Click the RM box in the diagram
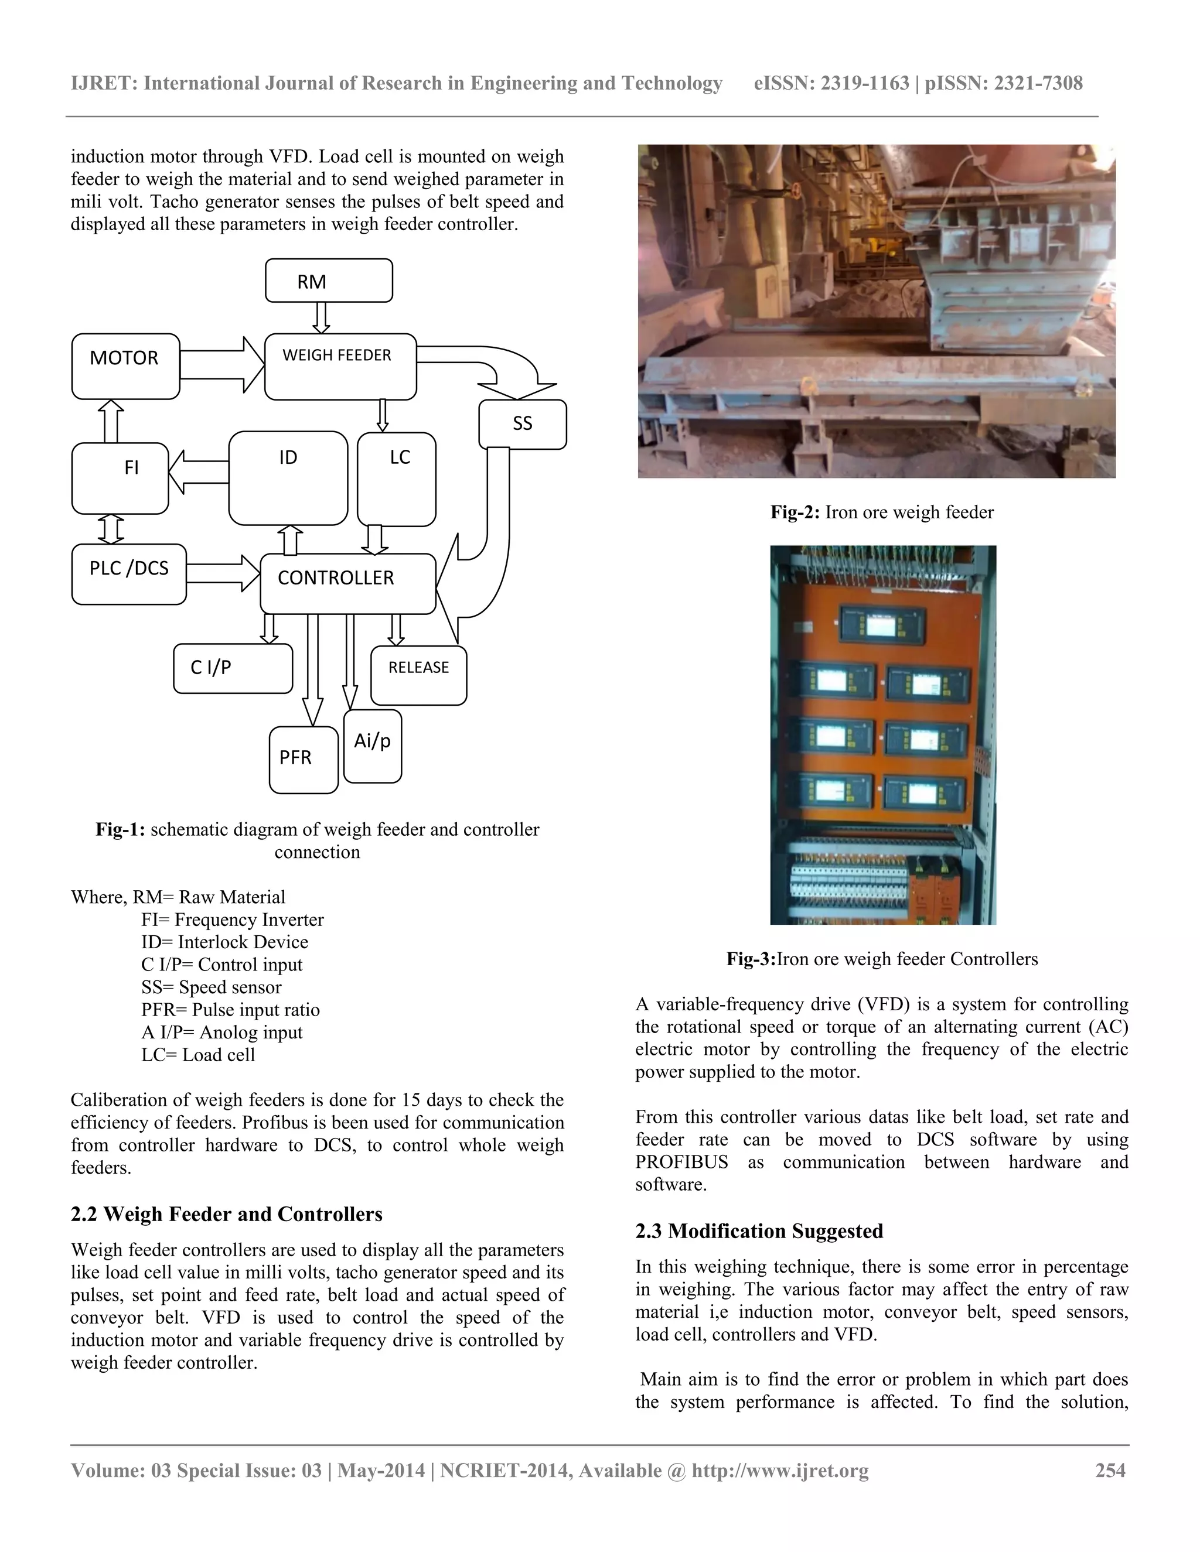click(329, 281)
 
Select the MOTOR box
click(126, 366)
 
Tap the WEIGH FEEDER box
click(340, 366)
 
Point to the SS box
click(523, 424)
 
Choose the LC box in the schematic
click(397, 478)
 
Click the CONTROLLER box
click(347, 583)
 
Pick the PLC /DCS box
click(129, 574)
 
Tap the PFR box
click(304, 759)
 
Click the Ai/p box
click(373, 746)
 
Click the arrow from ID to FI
click(199, 473)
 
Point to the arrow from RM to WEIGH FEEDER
click(321, 317)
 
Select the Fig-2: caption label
click(796, 512)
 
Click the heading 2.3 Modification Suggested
click(759, 1231)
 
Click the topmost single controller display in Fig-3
click(881, 626)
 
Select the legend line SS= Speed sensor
click(211, 987)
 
